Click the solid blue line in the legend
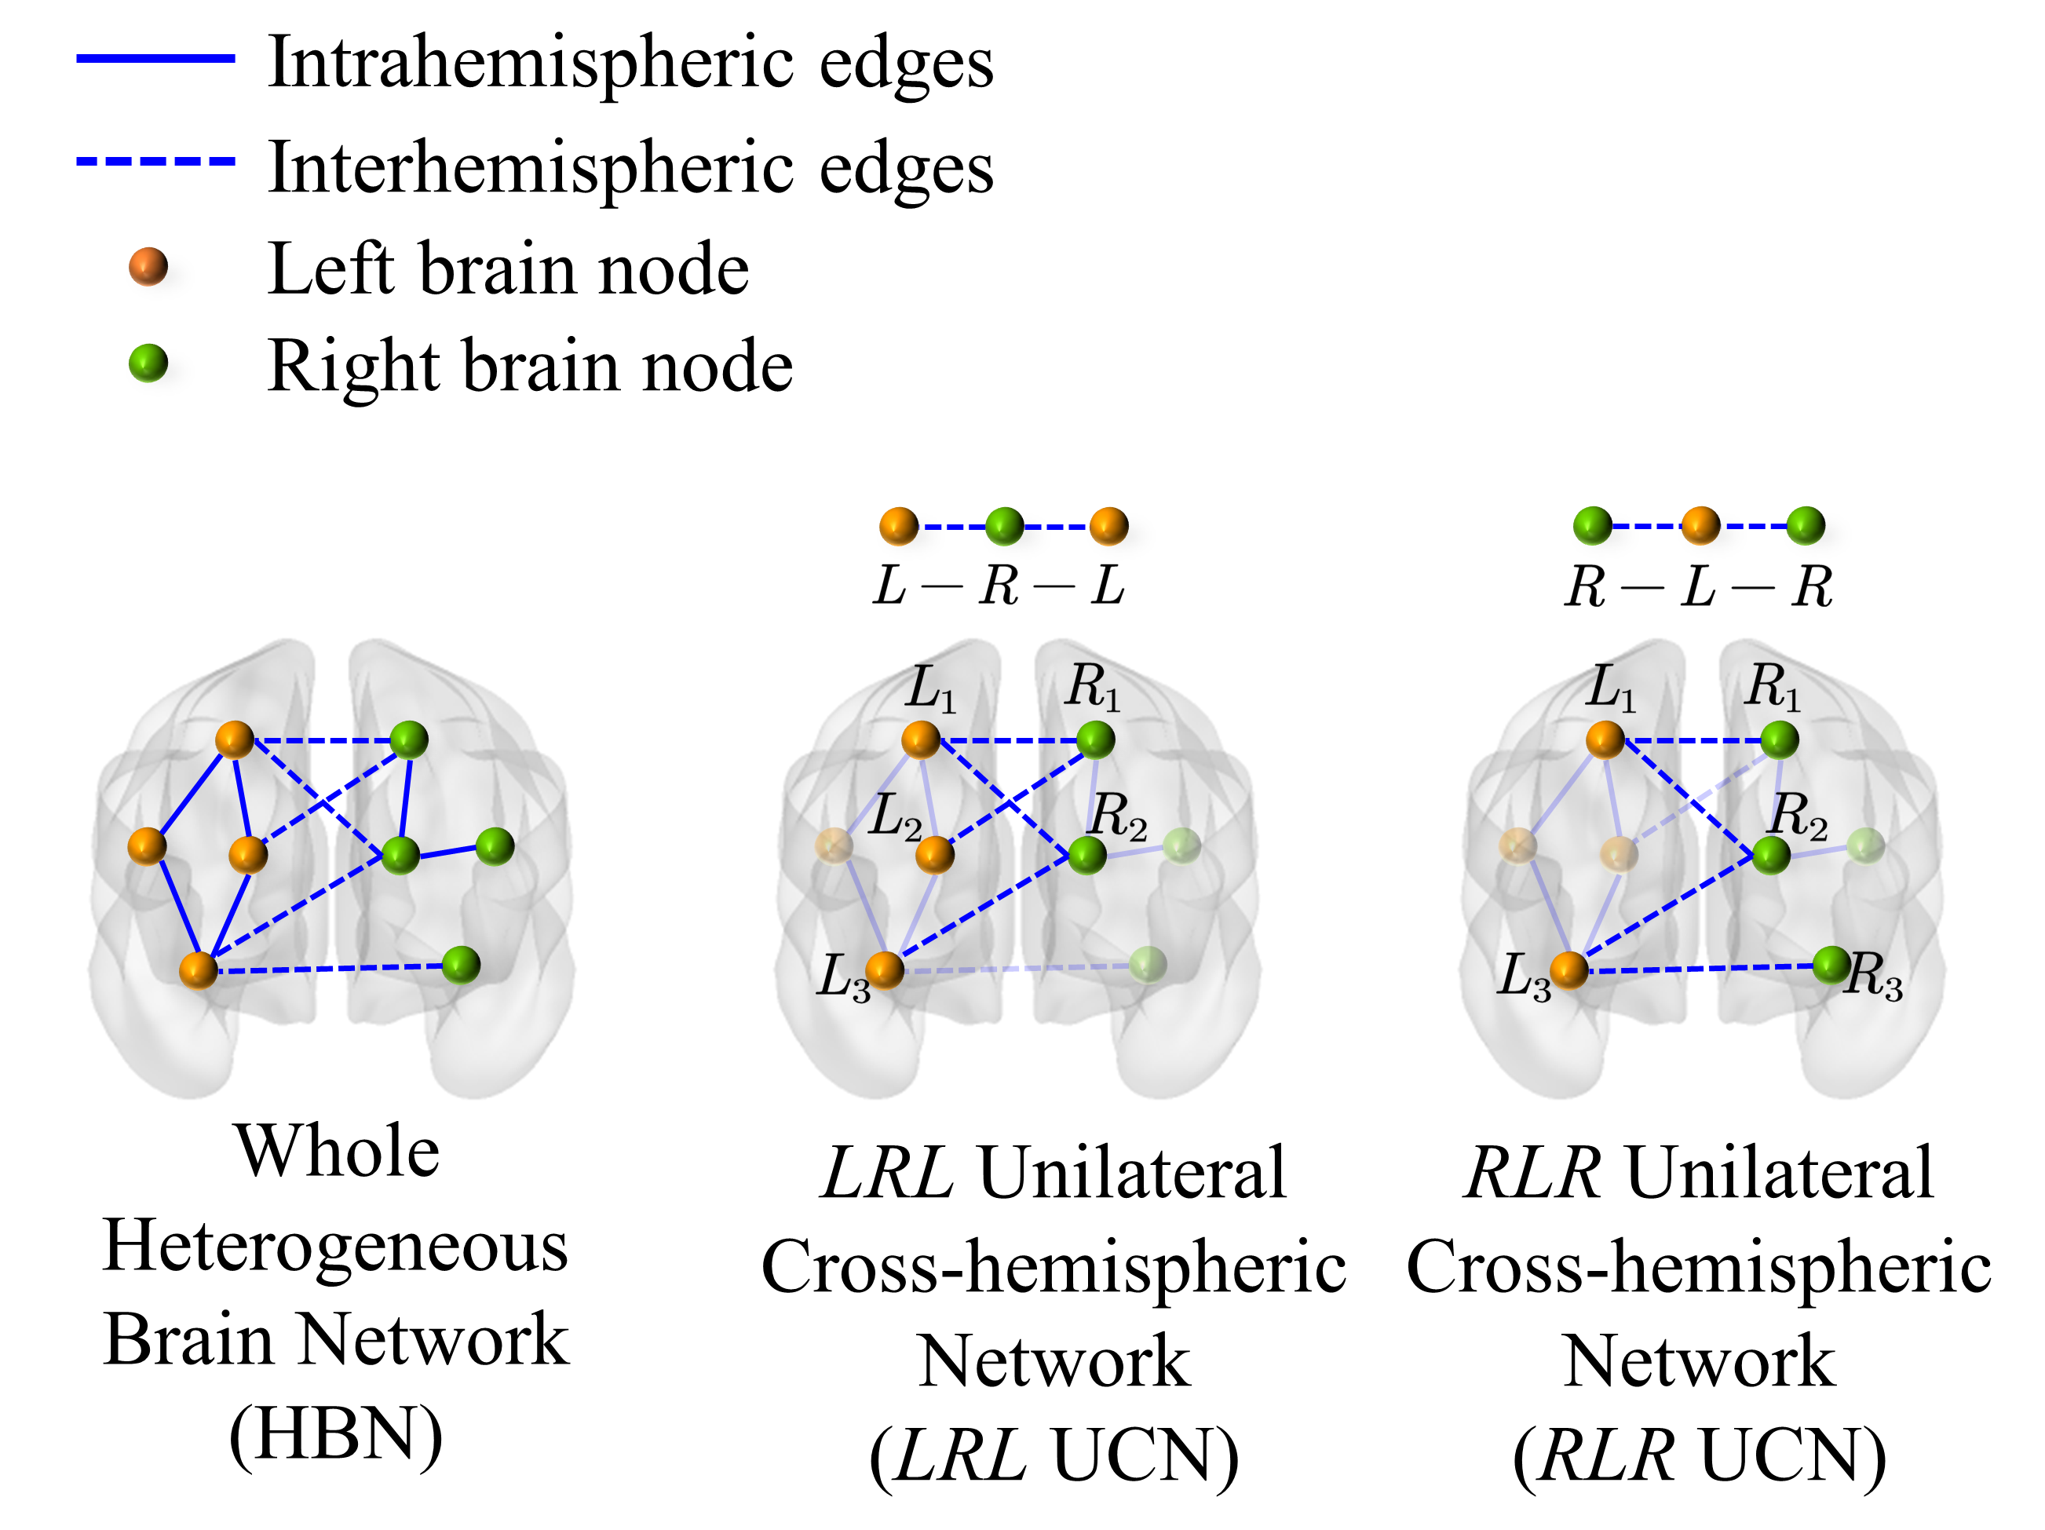[155, 58]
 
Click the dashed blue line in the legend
[155, 162]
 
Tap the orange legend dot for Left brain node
[148, 267]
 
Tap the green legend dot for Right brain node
[148, 363]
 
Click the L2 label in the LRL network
[895, 817]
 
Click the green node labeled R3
[1831, 965]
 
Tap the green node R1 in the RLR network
[1779, 739]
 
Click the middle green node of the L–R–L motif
[1004, 526]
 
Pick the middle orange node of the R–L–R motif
[1700, 525]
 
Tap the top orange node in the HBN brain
[235, 739]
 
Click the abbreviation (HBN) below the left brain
[335, 1435]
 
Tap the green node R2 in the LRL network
[1087, 855]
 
